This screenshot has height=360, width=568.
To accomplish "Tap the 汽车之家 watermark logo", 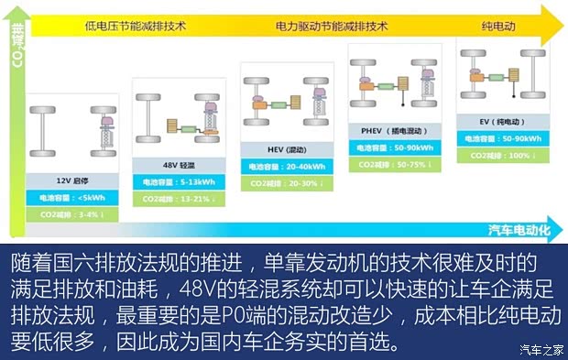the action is (541, 347).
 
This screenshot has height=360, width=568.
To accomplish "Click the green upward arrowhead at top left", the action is (16, 12).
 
